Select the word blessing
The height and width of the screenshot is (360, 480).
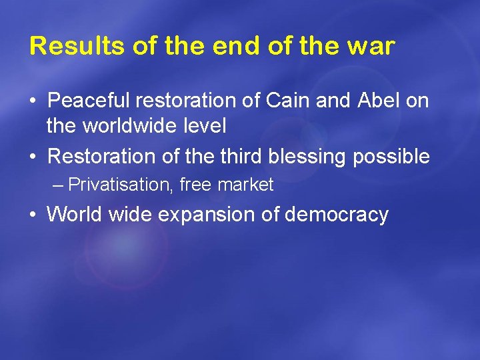click(x=308, y=157)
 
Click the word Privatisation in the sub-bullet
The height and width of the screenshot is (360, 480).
click(x=121, y=185)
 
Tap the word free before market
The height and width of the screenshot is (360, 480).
click(x=195, y=185)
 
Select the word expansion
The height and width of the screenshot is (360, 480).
click(x=192, y=215)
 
